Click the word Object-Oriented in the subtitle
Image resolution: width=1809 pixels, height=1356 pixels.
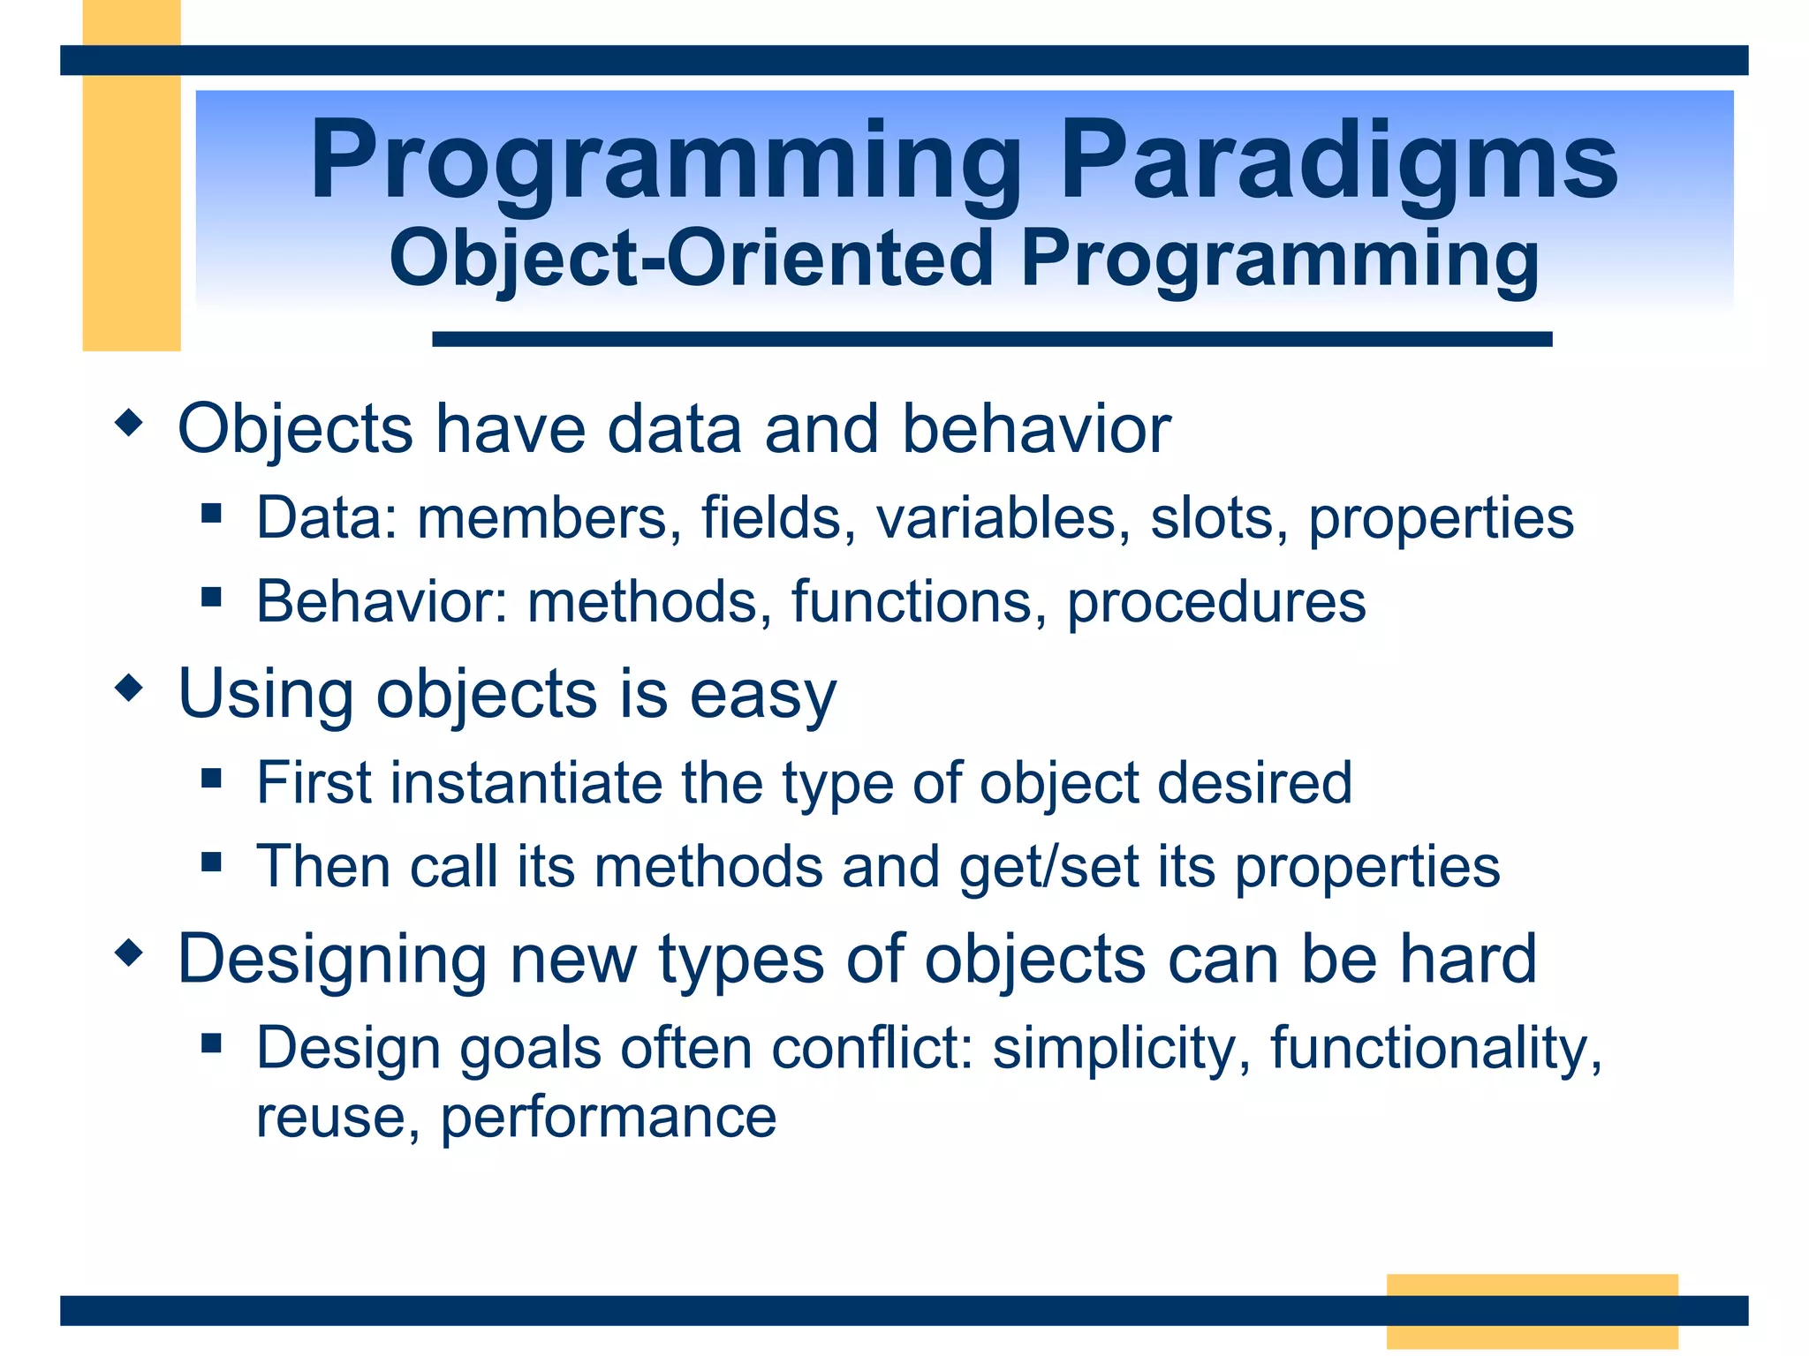point(691,258)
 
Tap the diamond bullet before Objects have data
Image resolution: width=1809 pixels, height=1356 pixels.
point(129,423)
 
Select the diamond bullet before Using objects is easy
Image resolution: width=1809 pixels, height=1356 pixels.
point(129,688)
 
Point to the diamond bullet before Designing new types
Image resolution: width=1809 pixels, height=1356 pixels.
point(129,953)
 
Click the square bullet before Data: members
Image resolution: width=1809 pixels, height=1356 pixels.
point(210,514)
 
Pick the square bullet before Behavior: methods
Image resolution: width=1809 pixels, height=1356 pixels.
point(210,598)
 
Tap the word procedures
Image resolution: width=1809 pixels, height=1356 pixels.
point(1216,603)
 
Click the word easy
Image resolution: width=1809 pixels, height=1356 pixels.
point(761,696)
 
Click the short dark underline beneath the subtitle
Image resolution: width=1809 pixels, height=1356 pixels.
point(991,339)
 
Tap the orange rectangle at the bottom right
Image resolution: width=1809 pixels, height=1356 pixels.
point(1532,1311)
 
